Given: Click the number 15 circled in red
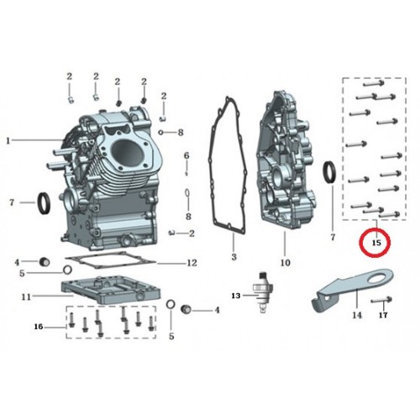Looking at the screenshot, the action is point(377,243).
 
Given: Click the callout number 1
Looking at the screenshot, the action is point(8,140).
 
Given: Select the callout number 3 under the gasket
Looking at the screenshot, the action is point(234,256).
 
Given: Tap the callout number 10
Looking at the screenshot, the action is point(286,262).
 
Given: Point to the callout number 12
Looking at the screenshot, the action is point(192,263).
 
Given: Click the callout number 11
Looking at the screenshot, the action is point(26,297).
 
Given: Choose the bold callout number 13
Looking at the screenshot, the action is point(236,296).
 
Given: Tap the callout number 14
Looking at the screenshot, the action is point(357,315).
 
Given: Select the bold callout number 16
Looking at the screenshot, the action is point(39,327).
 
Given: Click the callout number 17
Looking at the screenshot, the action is point(383,315).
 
